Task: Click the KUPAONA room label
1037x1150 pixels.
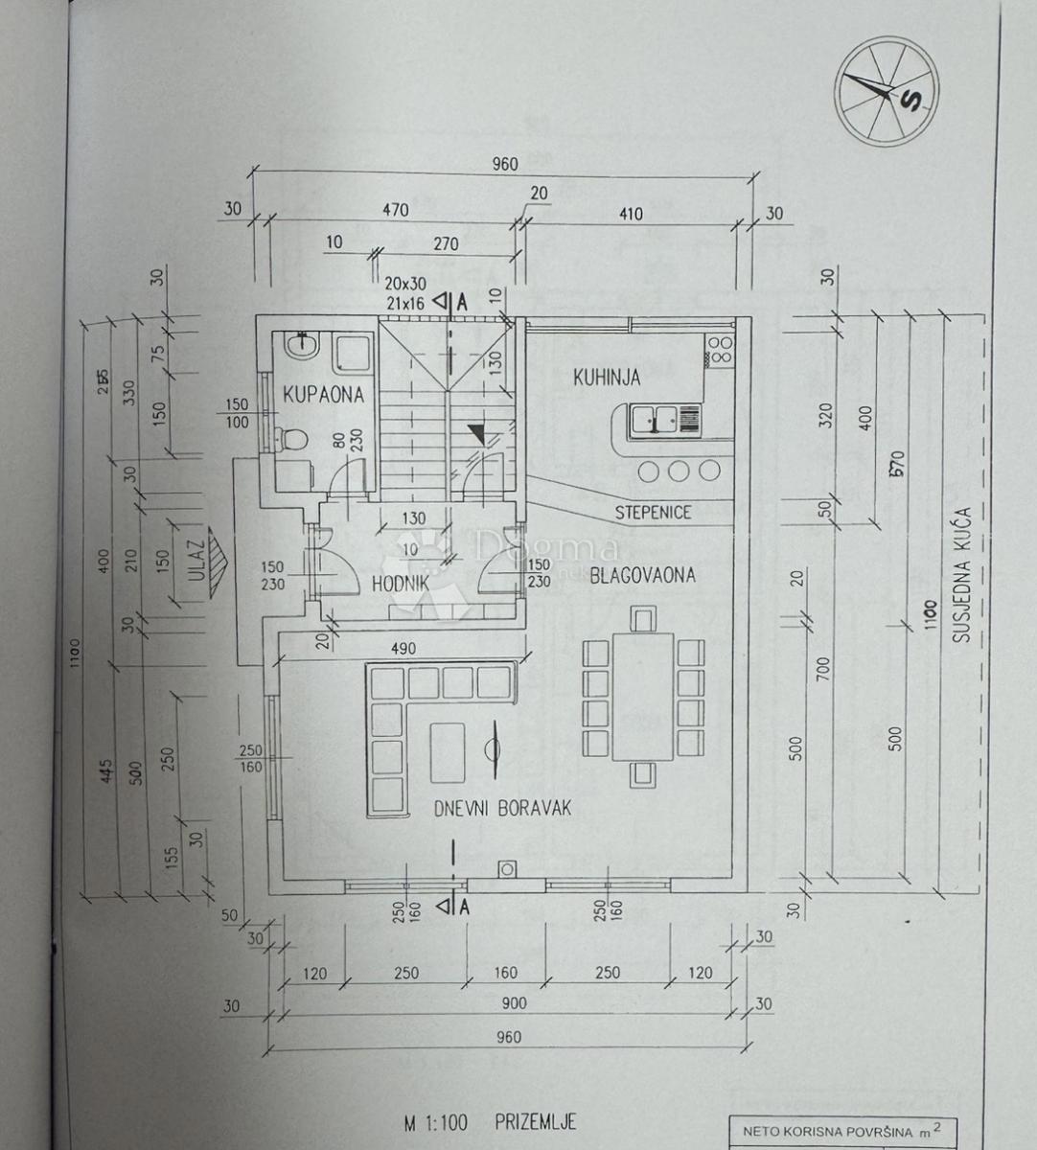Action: tap(323, 394)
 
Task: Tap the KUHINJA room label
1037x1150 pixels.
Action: tap(607, 378)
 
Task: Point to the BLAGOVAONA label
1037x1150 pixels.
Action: tap(642, 575)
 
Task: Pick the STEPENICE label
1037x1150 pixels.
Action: tap(653, 512)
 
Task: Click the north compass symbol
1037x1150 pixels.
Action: tap(885, 93)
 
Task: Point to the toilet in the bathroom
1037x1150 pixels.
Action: tap(294, 440)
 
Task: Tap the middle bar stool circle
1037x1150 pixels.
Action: tap(680, 470)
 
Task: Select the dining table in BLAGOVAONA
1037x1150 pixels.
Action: tap(643, 695)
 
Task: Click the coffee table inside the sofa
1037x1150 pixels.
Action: tap(448, 751)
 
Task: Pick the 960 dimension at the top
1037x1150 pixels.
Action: tap(505, 164)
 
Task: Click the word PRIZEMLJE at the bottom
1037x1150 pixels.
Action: tap(537, 1122)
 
